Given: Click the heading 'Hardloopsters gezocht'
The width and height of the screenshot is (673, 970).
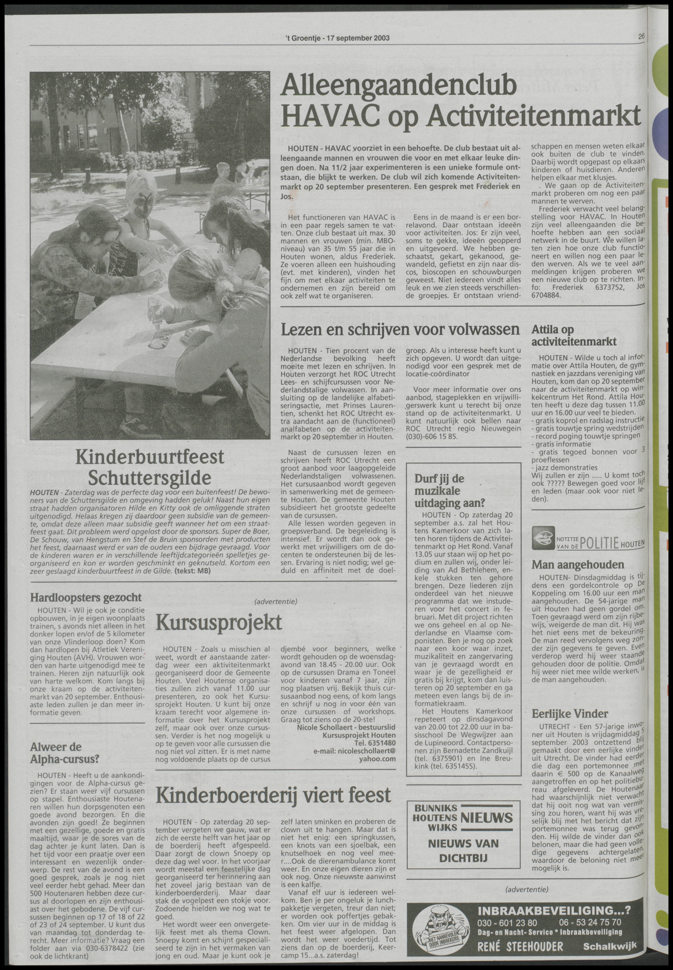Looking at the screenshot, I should tap(86, 597).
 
